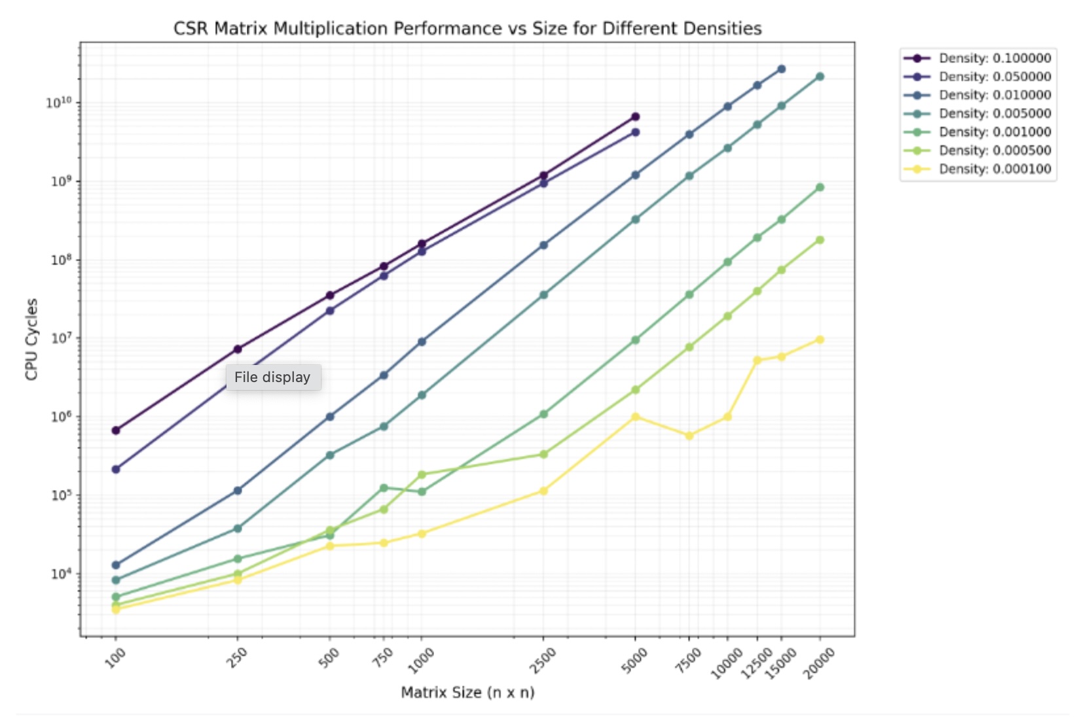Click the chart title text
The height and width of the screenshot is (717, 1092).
(467, 29)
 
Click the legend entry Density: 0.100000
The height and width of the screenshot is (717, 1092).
(994, 58)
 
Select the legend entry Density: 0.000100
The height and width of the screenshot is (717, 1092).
(994, 169)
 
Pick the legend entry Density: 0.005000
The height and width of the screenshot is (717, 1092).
(994, 114)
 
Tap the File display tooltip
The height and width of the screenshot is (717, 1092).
(273, 377)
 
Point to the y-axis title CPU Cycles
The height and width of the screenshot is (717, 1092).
(31, 339)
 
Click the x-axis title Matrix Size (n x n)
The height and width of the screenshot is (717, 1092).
(467, 692)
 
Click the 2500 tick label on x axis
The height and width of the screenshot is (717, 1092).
(543, 661)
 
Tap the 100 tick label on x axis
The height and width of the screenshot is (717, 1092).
(115, 657)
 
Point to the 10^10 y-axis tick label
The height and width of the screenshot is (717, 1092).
(59, 103)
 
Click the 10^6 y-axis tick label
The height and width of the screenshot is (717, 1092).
(62, 417)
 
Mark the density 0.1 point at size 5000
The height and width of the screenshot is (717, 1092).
(635, 117)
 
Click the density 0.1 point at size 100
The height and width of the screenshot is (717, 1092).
(116, 430)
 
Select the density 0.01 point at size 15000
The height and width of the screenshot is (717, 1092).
(781, 69)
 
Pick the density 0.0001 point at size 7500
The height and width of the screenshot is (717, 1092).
(689, 436)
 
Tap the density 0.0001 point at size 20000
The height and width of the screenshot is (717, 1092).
(820, 340)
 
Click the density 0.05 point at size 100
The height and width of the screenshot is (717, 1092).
(116, 469)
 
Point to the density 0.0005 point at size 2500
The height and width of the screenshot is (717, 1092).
(543, 454)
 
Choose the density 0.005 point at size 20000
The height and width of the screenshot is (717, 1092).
(820, 77)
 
